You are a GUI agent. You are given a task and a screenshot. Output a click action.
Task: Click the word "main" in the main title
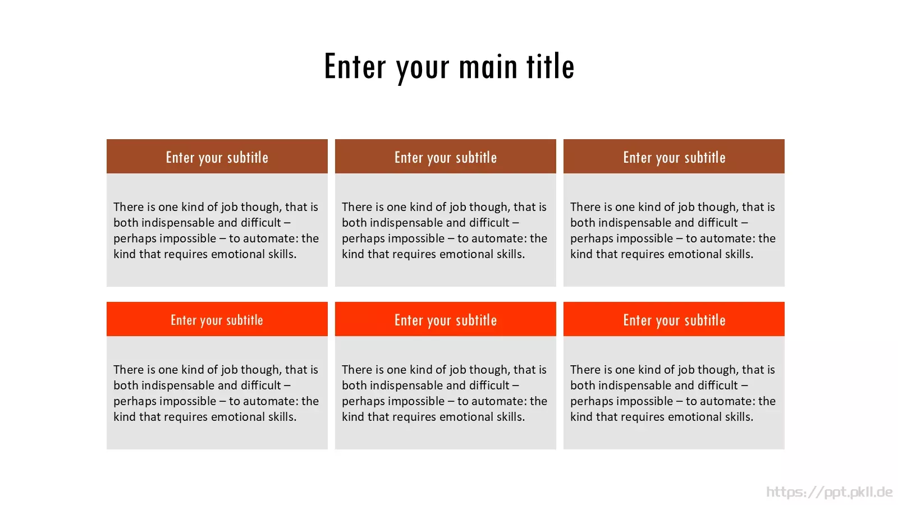click(x=488, y=67)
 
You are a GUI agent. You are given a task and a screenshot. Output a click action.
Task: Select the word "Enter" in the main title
click(x=355, y=66)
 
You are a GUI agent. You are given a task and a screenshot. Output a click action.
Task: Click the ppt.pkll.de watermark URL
click(x=829, y=492)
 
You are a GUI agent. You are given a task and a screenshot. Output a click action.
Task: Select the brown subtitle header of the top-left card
click(x=217, y=157)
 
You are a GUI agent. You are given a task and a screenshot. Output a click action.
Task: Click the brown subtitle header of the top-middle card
click(x=446, y=157)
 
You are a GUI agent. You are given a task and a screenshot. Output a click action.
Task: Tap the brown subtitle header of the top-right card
click(x=674, y=157)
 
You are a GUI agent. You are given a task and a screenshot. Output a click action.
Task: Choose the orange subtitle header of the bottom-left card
click(x=217, y=319)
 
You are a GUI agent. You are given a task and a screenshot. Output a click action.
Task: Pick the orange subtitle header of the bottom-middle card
click(x=446, y=319)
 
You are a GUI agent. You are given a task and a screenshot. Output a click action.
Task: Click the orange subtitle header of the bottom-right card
click(x=674, y=319)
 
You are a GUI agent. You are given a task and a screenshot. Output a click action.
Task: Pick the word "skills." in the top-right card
click(x=739, y=254)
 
